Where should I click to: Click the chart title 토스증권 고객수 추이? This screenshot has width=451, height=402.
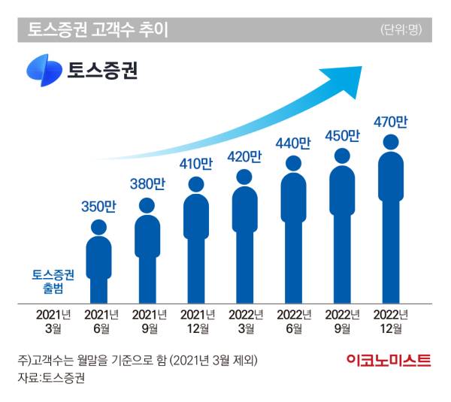click(x=98, y=30)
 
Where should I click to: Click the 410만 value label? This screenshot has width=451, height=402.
click(x=195, y=163)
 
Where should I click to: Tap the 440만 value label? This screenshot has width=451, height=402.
click(x=293, y=142)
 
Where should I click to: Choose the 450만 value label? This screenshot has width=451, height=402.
click(x=342, y=136)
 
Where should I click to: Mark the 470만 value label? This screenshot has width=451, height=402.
click(x=391, y=119)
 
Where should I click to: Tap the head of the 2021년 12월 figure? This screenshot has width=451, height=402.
click(x=195, y=184)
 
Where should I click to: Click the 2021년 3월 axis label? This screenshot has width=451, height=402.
click(x=50, y=321)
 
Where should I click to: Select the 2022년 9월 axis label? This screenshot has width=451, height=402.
click(x=342, y=321)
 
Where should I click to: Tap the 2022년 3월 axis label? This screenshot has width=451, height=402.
click(x=244, y=321)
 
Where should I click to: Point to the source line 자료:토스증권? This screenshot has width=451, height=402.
click(x=51, y=378)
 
